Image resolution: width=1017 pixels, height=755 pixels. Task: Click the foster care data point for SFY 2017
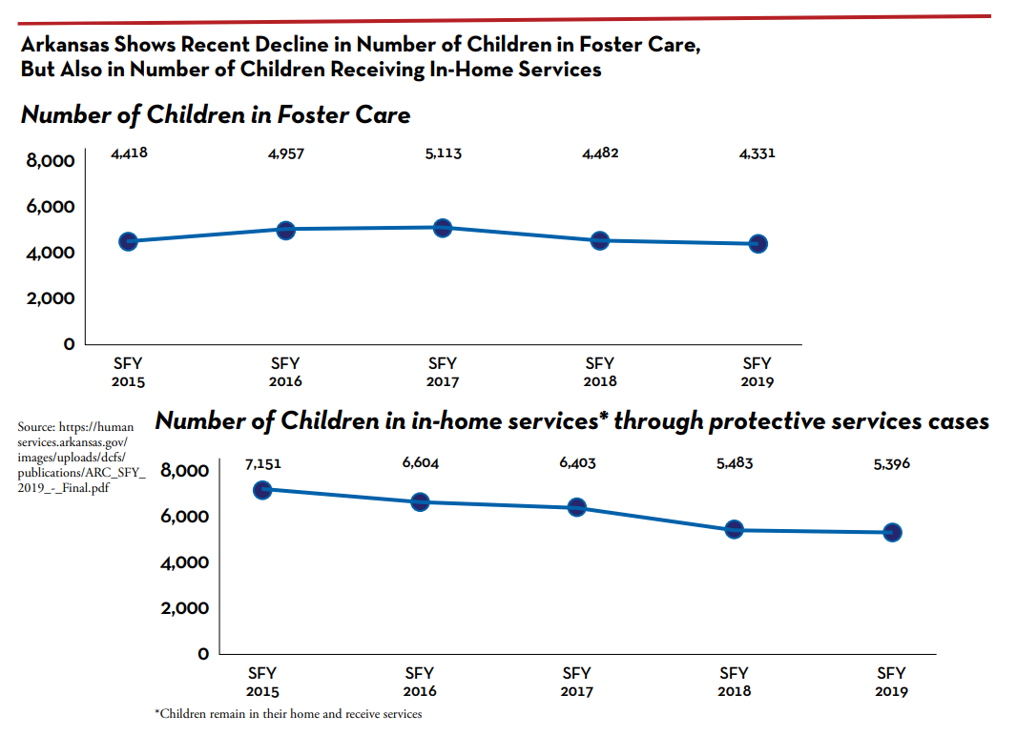tap(442, 228)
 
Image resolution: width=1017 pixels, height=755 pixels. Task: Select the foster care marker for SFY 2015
tap(128, 241)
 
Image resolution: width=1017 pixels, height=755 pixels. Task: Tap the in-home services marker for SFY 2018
tap(734, 529)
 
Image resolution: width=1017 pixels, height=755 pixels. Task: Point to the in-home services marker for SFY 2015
tap(262, 489)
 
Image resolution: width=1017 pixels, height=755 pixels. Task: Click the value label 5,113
tap(443, 153)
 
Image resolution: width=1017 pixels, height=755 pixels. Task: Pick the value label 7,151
tap(262, 464)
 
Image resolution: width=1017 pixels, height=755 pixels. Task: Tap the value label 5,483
tap(734, 464)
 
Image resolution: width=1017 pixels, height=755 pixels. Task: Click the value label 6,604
tap(420, 463)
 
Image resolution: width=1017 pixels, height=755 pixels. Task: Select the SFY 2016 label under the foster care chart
tap(285, 372)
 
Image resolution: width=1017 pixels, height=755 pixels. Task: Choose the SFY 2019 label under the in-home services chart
tap(891, 682)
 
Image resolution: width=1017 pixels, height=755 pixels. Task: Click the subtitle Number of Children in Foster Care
tap(216, 115)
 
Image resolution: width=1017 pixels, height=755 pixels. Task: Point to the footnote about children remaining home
tap(287, 714)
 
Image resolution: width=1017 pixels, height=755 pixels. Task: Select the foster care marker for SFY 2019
tap(758, 244)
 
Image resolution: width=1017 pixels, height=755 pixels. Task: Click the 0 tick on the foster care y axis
tap(69, 344)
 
